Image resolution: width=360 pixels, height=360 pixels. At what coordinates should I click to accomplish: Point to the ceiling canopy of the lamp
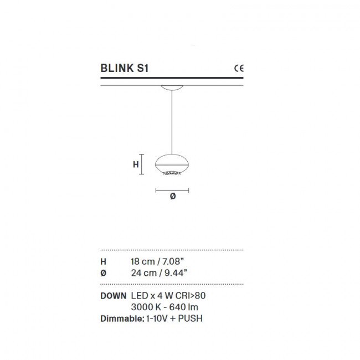(172, 88)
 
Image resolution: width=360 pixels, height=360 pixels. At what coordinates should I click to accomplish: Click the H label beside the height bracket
(135, 164)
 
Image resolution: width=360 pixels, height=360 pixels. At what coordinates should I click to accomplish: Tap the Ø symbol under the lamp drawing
(172, 197)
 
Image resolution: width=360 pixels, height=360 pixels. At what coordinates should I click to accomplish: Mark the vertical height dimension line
(142, 164)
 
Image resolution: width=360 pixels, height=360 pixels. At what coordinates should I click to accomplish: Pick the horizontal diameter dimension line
(172, 190)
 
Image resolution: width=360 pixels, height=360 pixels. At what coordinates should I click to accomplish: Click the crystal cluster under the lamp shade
(172, 174)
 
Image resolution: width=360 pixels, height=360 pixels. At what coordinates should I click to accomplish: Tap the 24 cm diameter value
(141, 272)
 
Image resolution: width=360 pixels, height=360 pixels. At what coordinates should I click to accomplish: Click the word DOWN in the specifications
(114, 296)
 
